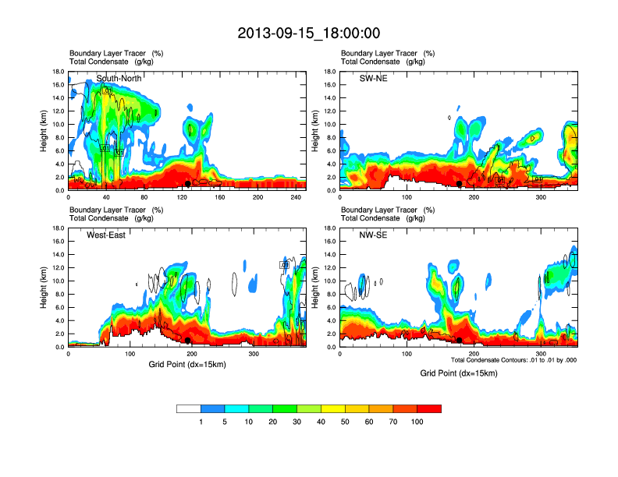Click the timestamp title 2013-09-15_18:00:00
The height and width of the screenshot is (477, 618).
[309, 34]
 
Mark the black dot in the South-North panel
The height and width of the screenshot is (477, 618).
[188, 184]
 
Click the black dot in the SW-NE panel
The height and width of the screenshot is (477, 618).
[460, 184]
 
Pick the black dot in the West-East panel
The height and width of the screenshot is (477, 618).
[188, 341]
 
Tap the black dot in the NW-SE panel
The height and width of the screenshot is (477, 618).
[460, 341]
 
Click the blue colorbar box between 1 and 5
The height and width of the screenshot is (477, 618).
[212, 408]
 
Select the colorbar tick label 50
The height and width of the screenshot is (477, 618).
[345, 422]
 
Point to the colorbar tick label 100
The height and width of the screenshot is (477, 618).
[417, 422]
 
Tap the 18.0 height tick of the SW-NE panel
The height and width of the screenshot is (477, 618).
[331, 72]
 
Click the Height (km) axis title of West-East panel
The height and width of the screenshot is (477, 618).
[43, 288]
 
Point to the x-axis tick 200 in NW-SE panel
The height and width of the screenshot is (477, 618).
[474, 355]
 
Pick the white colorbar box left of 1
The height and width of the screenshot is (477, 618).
[188, 408]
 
